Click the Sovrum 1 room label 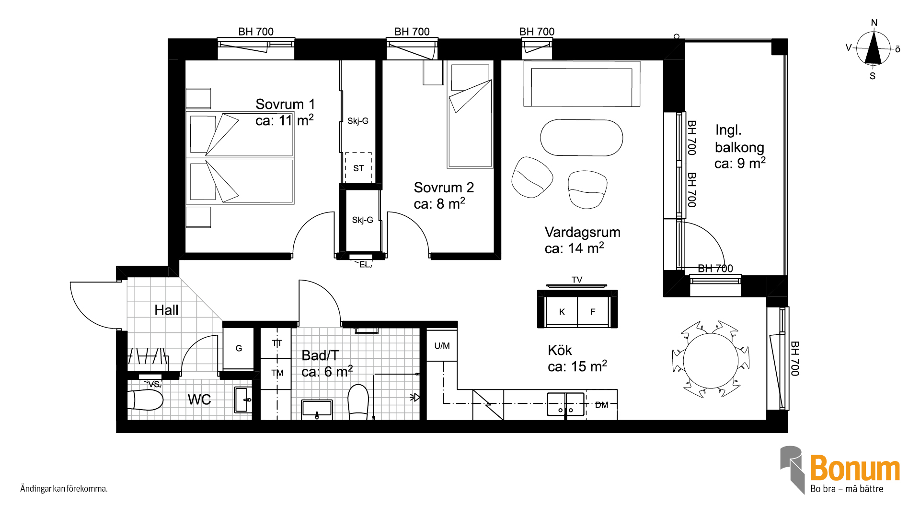point(285,104)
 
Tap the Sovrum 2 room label point(444,188)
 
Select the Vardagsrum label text point(582,233)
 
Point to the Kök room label point(560,350)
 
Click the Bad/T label point(320,355)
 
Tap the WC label point(199,400)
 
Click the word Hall point(166,310)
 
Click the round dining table point(711,360)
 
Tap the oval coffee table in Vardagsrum point(582,138)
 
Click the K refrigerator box point(562,312)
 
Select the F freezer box point(593,312)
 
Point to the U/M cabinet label point(442,346)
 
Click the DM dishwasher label point(601,405)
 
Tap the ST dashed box point(358,167)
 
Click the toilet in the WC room point(146,400)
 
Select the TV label point(577,280)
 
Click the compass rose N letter point(874,23)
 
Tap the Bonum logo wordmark point(855,468)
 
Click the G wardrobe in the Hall point(239,348)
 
